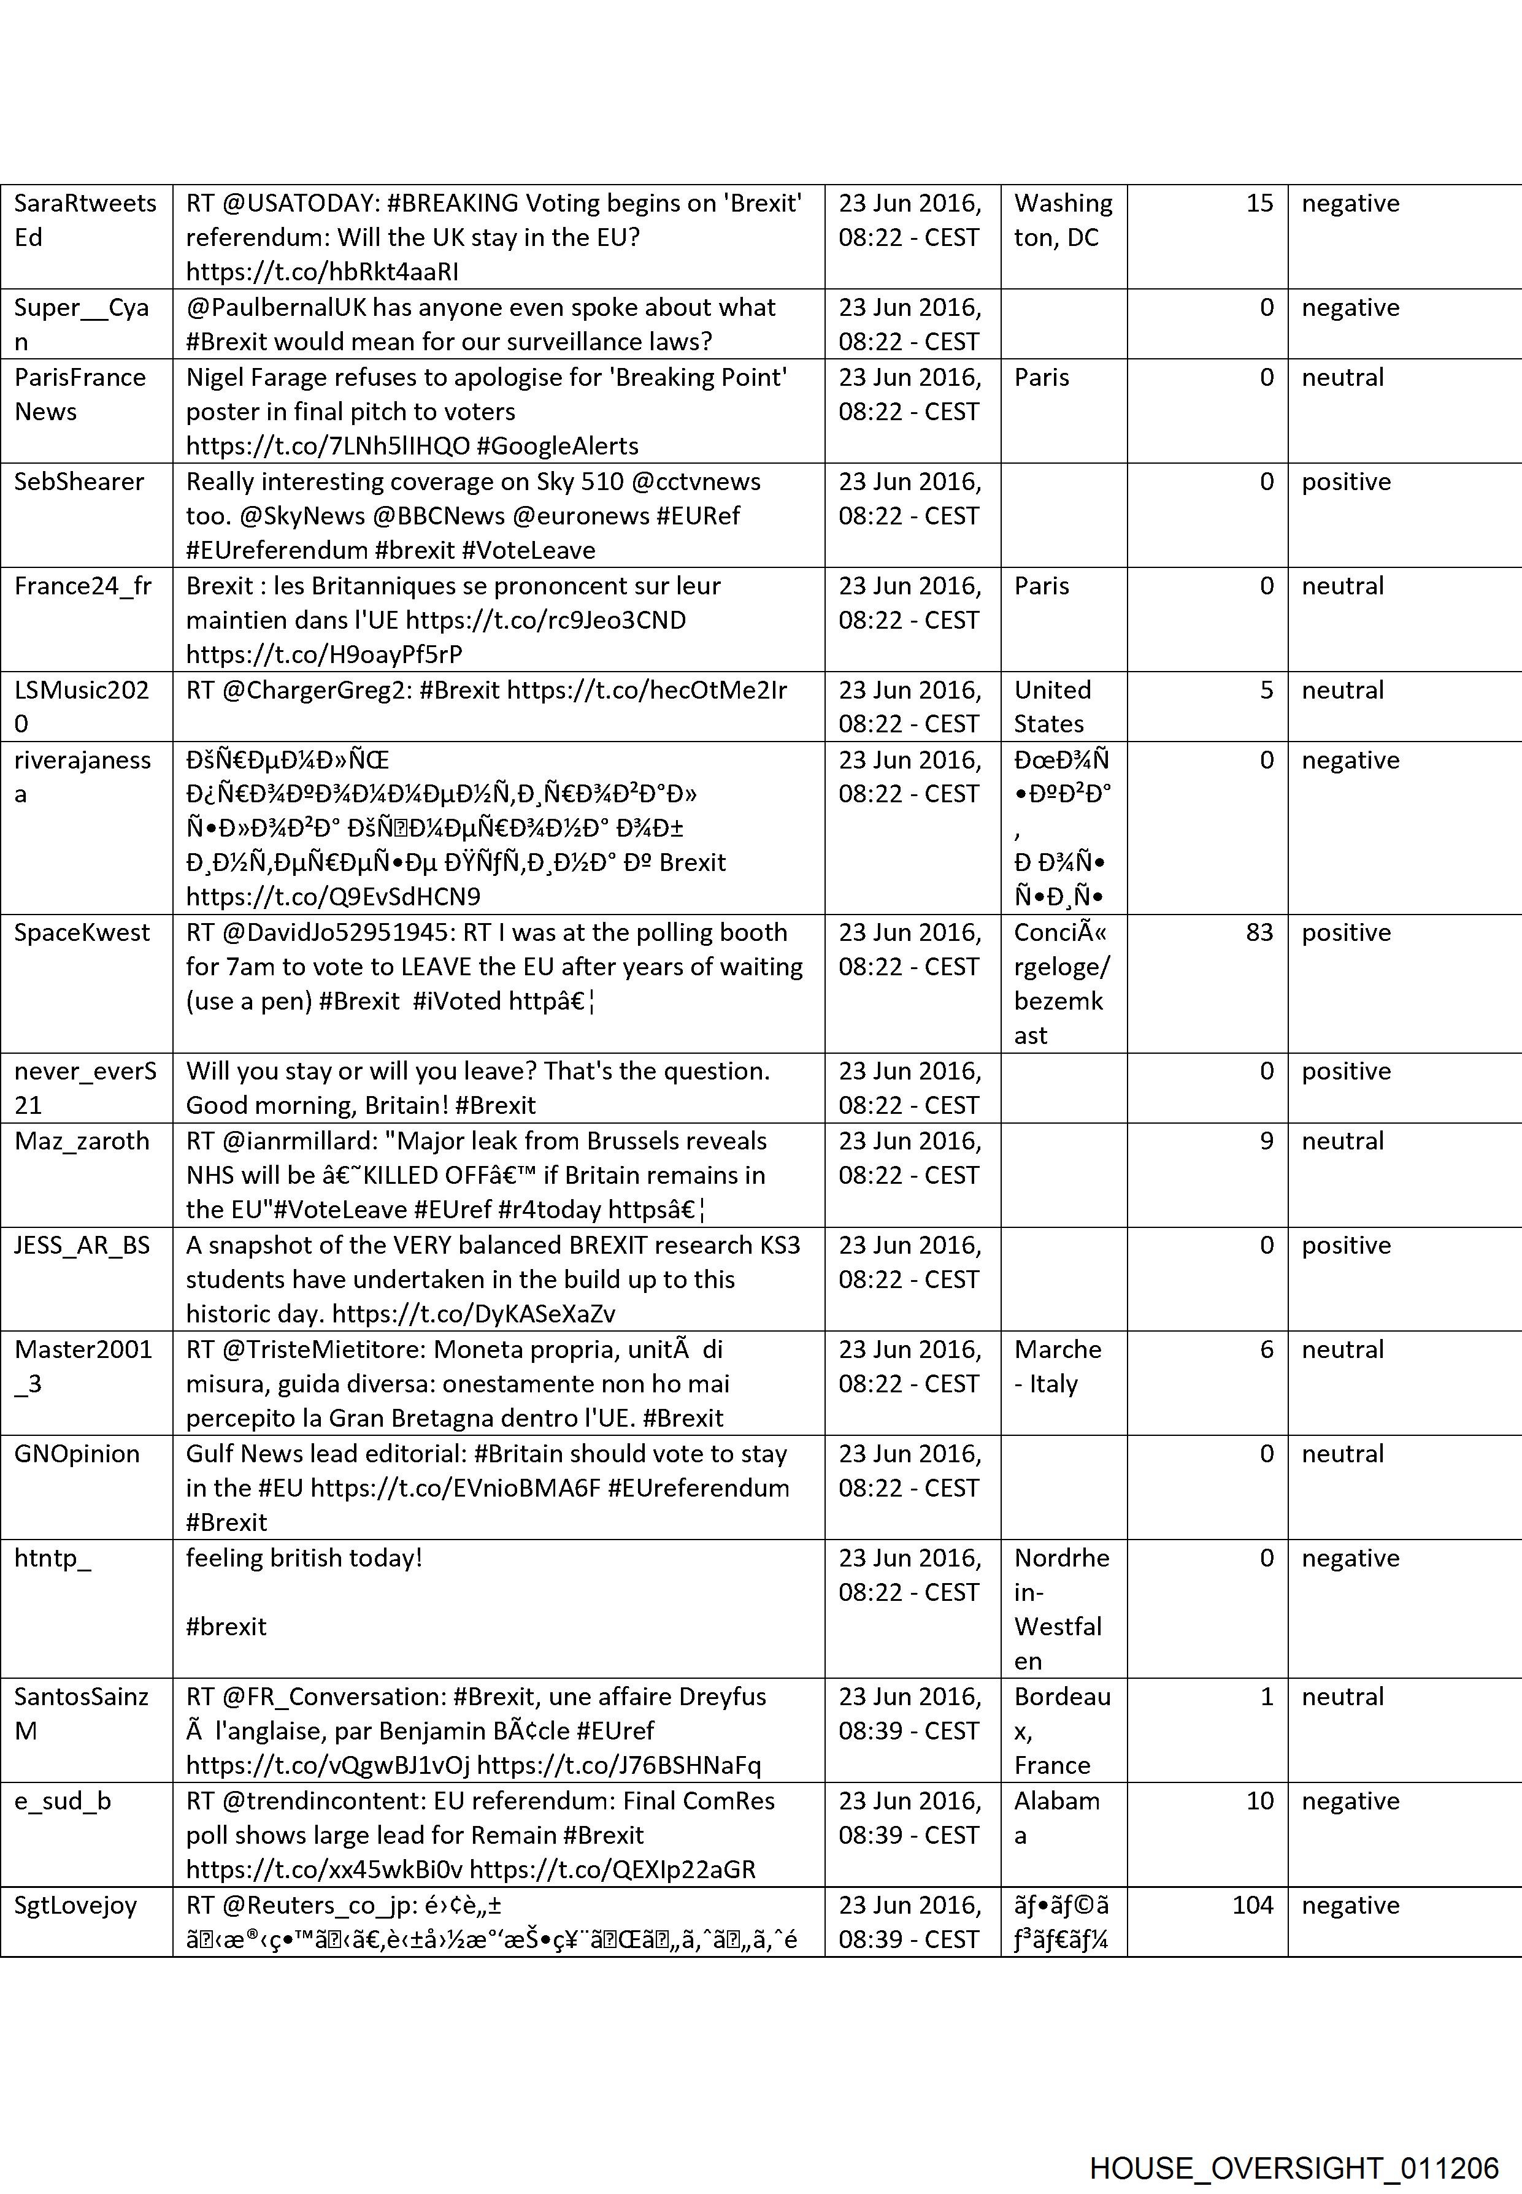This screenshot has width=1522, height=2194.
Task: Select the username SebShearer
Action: coord(79,481)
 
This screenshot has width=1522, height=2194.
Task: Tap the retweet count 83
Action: coord(1259,932)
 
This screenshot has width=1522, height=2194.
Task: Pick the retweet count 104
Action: coord(1252,1905)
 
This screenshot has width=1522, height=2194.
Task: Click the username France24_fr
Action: coord(83,585)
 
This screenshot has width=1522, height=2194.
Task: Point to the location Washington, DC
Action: coord(1063,220)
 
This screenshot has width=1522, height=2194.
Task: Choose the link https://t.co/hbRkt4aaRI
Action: coord(322,272)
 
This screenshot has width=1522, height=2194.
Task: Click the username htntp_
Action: coord(52,1558)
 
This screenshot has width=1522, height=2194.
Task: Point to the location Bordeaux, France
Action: coord(1061,1730)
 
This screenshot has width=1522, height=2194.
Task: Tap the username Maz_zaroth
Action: coord(82,1141)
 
